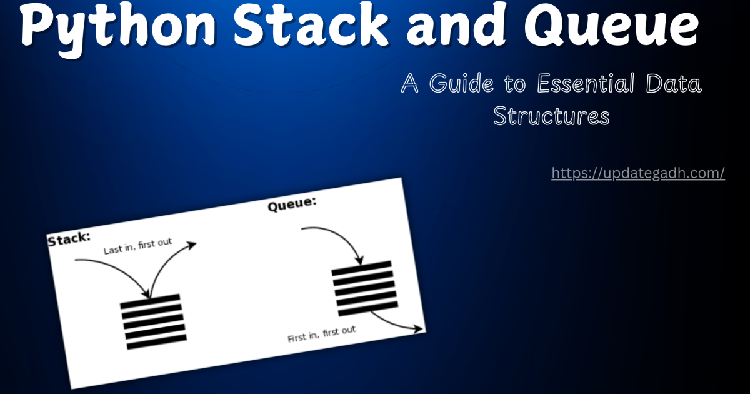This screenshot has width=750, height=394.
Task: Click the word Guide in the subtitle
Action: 458,84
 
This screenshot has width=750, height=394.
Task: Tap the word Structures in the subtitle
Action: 551,116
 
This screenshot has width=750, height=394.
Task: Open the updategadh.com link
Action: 638,173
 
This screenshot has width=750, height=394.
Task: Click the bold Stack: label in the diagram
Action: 69,238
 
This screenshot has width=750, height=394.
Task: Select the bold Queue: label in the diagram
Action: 292,204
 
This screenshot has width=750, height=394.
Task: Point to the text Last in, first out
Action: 137,246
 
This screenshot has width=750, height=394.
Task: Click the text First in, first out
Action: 321,335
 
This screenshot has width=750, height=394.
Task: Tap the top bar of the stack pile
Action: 150,301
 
